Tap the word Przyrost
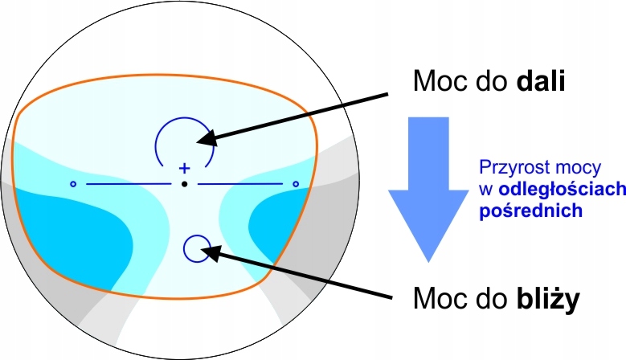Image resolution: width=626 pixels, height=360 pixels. click(511, 168)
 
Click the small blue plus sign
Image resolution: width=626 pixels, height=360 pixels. click(184, 168)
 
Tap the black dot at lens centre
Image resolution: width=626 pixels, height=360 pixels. click(184, 185)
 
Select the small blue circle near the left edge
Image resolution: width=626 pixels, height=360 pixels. click(72, 185)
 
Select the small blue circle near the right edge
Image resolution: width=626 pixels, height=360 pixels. click(296, 185)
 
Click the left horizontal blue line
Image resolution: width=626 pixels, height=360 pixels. click(129, 185)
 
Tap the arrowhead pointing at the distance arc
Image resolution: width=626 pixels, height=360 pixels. click(204, 139)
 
